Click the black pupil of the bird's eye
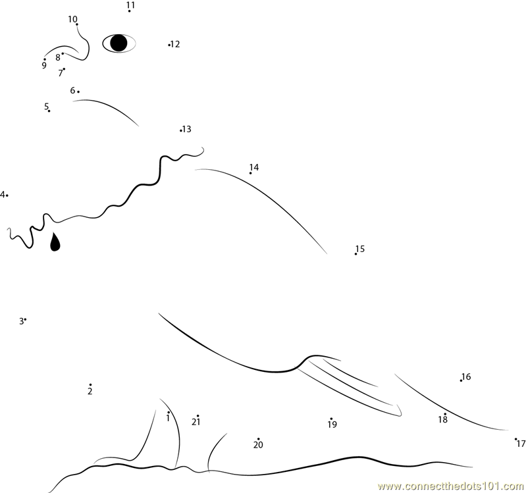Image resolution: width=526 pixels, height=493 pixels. click(118, 43)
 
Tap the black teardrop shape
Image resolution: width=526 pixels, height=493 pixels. click(55, 242)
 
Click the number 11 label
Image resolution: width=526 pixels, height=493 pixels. click(131, 5)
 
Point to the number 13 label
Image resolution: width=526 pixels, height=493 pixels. click(187, 129)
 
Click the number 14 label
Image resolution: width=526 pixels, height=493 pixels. click(254, 167)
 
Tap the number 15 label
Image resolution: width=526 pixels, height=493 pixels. click(360, 249)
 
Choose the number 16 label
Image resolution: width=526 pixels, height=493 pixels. click(466, 376)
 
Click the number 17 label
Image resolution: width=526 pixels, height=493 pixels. click(521, 444)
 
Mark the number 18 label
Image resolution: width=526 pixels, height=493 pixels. click(443, 419)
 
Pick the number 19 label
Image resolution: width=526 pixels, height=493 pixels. click(332, 425)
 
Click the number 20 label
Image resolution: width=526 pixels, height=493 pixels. click(258, 445)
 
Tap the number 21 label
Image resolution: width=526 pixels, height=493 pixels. click(196, 422)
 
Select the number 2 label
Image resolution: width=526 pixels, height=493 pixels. click(90, 391)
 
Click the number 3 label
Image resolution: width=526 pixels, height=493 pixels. click(22, 321)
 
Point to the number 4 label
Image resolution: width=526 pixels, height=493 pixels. click(3, 195)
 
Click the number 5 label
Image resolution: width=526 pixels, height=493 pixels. click(46, 107)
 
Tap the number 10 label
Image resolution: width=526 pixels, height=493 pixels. click(72, 19)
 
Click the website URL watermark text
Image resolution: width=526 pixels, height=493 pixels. click(452, 486)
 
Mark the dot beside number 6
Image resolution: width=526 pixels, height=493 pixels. click(78, 91)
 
